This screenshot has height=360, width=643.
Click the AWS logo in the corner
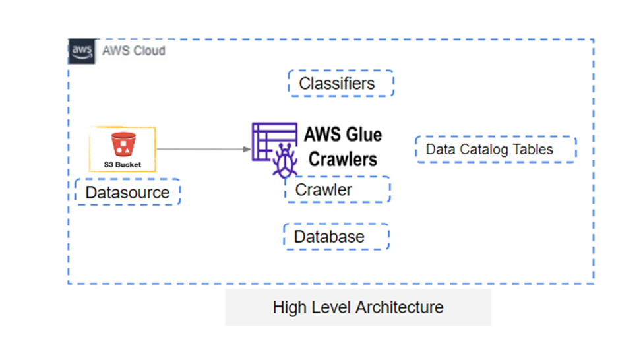82,51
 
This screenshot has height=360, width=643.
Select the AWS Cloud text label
133,51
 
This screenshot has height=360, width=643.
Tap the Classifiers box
340,84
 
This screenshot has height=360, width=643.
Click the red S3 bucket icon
122,144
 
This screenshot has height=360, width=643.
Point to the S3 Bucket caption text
122,164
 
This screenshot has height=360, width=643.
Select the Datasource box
127,193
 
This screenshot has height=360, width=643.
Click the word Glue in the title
362,135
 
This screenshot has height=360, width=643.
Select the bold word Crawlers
343,159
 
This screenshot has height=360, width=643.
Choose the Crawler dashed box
337,190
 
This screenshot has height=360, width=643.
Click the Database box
336,237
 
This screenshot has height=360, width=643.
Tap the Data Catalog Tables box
495,150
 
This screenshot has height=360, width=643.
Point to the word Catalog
485,150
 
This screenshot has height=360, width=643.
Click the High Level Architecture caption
358,307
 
